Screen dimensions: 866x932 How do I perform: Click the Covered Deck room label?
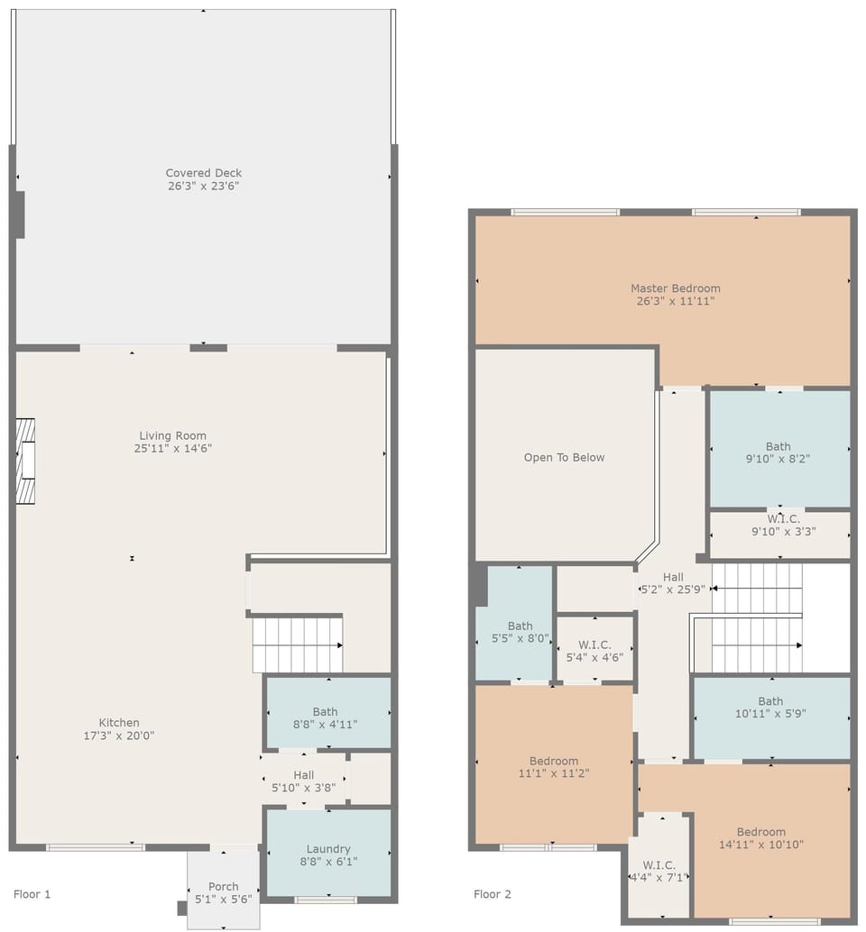[x=203, y=173]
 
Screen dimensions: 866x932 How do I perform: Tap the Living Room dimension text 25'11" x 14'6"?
[x=172, y=448]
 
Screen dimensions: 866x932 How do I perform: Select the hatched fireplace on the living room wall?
[x=25, y=461]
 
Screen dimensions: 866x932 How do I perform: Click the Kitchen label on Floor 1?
[x=119, y=723]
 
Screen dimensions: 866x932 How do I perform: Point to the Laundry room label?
[x=328, y=849]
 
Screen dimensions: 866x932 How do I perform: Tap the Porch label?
[x=223, y=886]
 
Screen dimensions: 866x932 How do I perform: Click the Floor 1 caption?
[x=32, y=894]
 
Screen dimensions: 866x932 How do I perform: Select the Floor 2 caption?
[x=493, y=894]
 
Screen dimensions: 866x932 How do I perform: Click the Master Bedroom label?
[x=676, y=288]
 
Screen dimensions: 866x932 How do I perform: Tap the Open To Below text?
[x=564, y=457]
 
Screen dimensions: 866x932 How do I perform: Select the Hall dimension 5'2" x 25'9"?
[x=673, y=589]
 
